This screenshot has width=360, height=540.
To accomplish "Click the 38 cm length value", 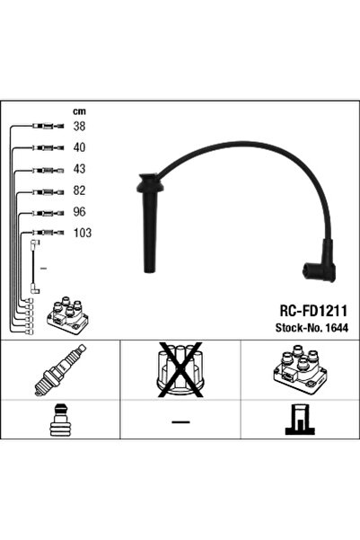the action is [79, 127].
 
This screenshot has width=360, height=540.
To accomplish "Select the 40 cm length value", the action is [79, 147].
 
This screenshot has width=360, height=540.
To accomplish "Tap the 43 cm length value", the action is [79, 169].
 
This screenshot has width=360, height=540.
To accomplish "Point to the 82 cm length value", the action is [79, 190].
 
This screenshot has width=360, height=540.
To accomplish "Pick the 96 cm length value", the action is [79, 212].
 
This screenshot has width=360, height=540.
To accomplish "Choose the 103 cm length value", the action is [83, 233].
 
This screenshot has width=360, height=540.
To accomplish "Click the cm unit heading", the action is [79, 111].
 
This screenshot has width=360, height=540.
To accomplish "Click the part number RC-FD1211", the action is [313, 311].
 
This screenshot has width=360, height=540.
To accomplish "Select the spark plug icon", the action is [60, 370].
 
